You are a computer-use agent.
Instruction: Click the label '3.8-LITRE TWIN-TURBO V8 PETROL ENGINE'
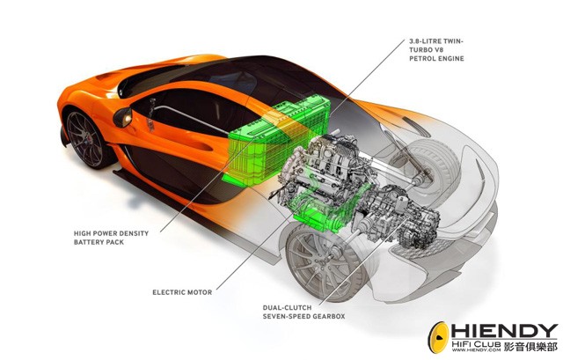coord(436,50)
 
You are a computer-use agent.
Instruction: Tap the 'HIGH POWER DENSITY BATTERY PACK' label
coord(111,238)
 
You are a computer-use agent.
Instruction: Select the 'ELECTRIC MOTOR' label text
coord(182,292)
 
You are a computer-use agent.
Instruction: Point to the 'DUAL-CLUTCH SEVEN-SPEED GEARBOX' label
coord(303,312)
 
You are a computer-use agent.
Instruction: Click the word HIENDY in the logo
coord(504,331)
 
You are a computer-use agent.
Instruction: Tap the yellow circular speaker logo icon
coord(438,338)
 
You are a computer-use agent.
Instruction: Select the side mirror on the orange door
coord(123,117)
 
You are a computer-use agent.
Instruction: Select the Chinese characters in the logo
coord(530,347)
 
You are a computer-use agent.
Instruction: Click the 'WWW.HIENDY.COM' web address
coord(476,349)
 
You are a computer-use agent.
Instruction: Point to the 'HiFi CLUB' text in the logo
coord(476,343)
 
